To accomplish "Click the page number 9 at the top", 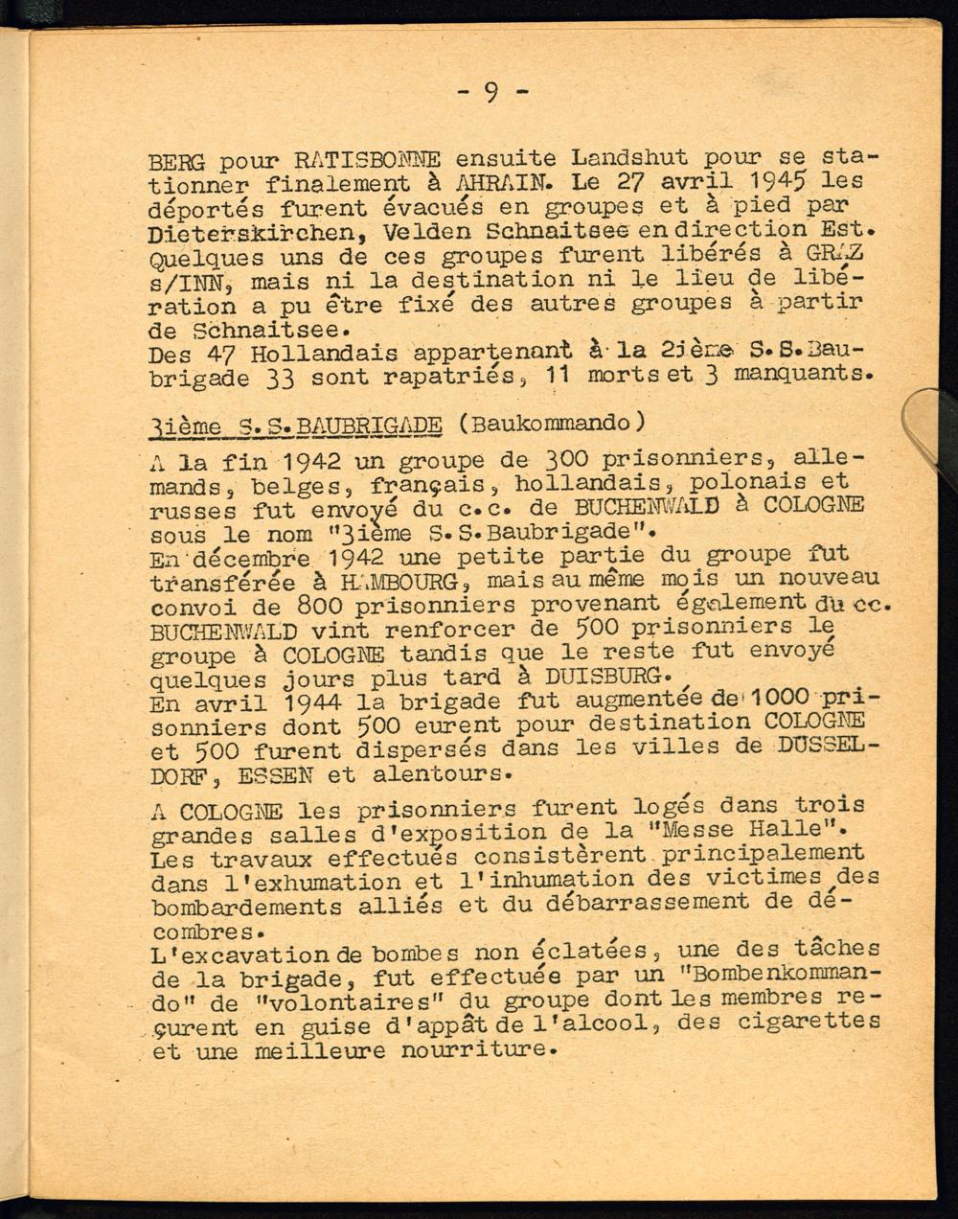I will pos(491,92).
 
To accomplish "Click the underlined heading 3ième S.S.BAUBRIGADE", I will pos(296,425).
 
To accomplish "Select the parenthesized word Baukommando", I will pos(548,424).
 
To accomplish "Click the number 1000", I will pos(766,697).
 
